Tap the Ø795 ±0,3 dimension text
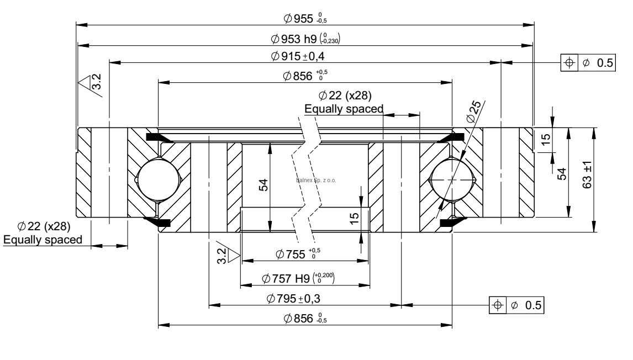[301, 299]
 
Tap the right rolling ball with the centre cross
[452, 180]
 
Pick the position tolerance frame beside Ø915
[587, 63]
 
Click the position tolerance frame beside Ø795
[517, 305]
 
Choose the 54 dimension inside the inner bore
[263, 185]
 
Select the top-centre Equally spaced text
[344, 109]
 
